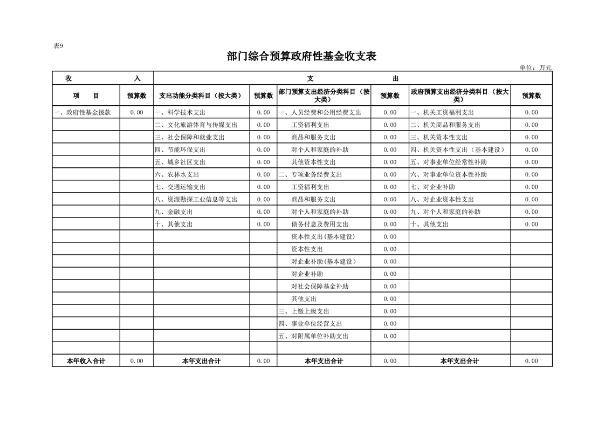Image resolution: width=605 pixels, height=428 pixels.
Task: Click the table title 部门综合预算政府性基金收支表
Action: tap(301, 57)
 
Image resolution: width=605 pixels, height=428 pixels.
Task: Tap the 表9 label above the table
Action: tap(59, 46)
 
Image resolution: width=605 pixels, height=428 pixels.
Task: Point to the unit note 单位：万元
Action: tap(535, 67)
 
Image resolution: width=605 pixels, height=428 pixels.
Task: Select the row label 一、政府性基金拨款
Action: tap(83, 112)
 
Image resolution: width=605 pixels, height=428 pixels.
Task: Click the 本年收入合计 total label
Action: tap(86, 361)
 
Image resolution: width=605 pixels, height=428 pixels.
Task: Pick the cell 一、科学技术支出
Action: tap(180, 112)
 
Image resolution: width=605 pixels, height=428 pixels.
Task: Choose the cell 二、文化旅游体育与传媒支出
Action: tap(196, 125)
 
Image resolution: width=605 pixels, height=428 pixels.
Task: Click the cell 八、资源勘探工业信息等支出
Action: tap(196, 199)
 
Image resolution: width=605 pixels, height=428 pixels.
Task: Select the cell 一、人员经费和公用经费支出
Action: tap(320, 112)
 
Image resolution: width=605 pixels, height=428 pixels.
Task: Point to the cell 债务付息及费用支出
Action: tap(320, 224)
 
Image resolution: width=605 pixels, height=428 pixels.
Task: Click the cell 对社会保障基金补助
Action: tap(320, 286)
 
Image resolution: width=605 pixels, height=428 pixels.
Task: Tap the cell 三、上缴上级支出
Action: tap(304, 311)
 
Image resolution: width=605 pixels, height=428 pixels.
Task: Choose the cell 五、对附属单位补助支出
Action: tap(313, 336)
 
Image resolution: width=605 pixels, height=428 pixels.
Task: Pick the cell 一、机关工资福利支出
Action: tap(442, 112)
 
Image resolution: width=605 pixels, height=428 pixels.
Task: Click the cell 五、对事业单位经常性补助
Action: tap(449, 162)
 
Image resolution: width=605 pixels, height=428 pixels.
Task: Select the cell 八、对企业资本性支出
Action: tap(442, 199)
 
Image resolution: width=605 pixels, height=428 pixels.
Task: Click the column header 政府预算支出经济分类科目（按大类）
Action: tap(459, 96)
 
